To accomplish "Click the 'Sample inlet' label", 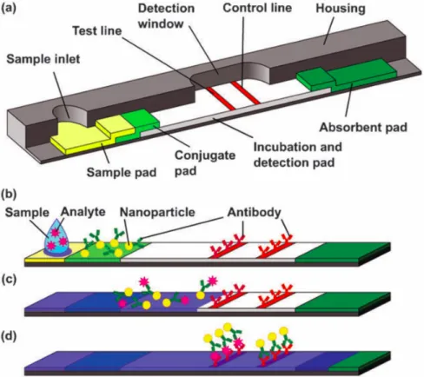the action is (43, 59).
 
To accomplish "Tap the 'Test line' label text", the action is (97, 30).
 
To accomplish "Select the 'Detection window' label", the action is (166, 16).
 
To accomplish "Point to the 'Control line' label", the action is (257, 8).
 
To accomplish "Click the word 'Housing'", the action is (341, 9).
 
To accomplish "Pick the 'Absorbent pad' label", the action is (363, 127).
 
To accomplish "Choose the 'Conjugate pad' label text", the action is (205, 163).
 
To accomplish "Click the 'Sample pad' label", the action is (122, 172).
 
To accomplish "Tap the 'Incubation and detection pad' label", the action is (298, 155).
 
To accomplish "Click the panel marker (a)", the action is (9, 7).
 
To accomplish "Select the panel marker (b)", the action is (9, 194).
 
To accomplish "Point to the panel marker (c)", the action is (9, 280).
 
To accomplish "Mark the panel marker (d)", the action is (9, 336).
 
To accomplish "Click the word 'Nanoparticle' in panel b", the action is (157, 212).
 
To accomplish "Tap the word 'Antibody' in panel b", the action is (254, 213).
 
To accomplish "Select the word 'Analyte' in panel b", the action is (83, 212).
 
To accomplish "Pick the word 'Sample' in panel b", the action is (27, 213).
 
